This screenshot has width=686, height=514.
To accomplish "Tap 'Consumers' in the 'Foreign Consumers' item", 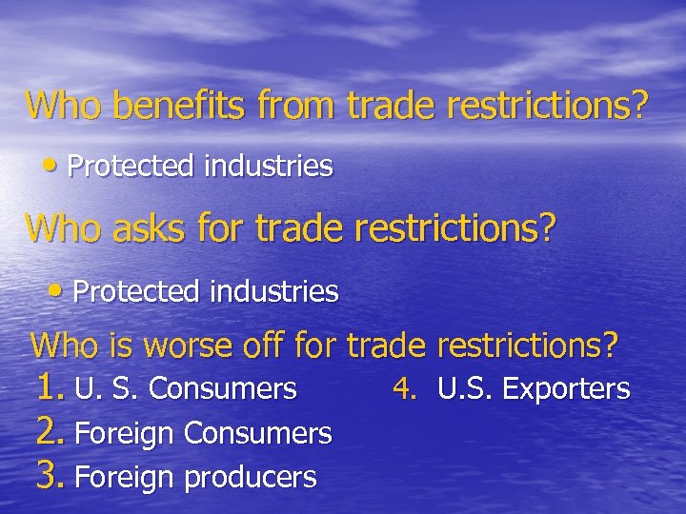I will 257,434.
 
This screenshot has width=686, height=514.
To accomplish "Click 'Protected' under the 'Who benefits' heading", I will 130,168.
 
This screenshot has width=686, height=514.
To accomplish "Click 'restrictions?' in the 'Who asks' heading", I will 447,229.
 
